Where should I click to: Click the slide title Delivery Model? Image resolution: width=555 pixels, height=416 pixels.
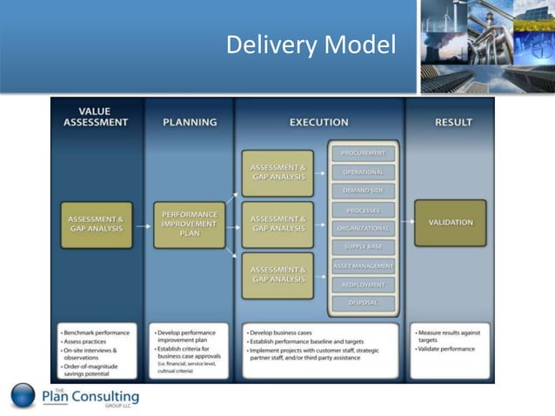(311, 44)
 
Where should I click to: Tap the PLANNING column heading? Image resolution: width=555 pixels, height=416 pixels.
(189, 123)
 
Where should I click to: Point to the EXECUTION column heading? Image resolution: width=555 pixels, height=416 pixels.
(318, 123)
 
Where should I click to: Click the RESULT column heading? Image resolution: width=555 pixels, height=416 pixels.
(452, 123)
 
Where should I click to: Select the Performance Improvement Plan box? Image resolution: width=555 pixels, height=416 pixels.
(189, 224)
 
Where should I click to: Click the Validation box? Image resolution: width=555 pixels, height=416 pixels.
(451, 223)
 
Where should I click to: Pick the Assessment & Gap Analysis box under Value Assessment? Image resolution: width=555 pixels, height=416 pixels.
(97, 224)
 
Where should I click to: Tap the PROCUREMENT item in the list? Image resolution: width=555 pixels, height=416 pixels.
(363, 153)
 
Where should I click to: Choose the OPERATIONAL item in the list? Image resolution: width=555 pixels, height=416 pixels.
(363, 172)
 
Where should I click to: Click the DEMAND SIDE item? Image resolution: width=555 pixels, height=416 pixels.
(363, 191)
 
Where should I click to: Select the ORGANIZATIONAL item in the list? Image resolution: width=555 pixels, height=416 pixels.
(363, 228)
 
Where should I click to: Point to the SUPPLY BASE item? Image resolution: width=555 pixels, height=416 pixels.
(363, 246)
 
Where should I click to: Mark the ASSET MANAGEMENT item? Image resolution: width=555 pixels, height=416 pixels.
(363, 265)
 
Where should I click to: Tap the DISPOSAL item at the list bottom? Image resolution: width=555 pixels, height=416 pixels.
(363, 303)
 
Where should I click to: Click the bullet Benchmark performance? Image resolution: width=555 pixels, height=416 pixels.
(97, 332)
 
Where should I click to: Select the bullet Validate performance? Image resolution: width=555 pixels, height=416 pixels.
(445, 349)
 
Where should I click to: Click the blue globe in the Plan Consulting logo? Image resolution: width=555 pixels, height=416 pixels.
(23, 396)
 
